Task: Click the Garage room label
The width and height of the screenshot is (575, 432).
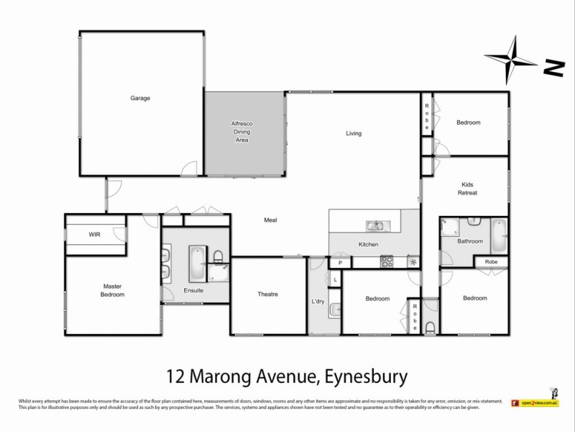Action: tap(140, 98)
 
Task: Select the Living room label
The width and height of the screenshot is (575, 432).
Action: tap(354, 133)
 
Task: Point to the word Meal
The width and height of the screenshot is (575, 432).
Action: tap(270, 220)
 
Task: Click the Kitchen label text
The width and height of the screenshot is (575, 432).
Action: tap(368, 246)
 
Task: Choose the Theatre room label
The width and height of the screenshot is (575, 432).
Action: tap(267, 294)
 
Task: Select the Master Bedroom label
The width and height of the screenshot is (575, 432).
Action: tap(113, 290)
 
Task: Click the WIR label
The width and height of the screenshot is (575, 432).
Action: tap(94, 235)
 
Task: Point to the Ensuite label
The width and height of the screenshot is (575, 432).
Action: tap(193, 290)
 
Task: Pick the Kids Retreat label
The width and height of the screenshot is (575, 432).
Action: tap(467, 189)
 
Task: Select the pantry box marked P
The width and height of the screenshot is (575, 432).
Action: tap(340, 264)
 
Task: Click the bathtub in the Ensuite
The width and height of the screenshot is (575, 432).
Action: tap(195, 263)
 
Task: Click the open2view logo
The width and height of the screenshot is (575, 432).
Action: tap(535, 404)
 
